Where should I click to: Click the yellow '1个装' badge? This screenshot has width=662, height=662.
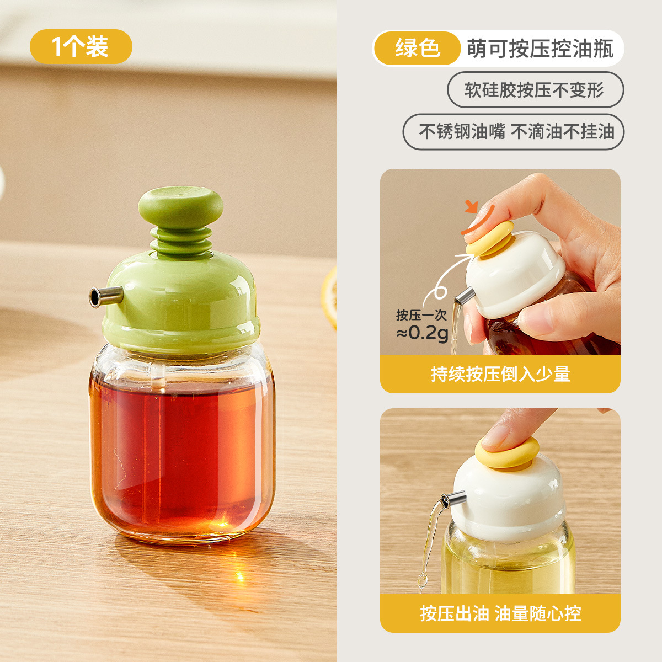(81, 47)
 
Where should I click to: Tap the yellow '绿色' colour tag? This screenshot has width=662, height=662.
(417, 48)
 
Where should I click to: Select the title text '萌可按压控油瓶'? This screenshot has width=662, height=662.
(540, 49)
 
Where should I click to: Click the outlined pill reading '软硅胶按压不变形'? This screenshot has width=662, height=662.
(536, 90)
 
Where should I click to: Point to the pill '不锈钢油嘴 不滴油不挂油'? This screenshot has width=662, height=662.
(513, 132)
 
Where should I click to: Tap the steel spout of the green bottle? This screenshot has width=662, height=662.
(106, 296)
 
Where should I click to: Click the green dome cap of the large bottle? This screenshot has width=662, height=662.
(181, 302)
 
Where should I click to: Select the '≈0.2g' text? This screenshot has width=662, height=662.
(423, 333)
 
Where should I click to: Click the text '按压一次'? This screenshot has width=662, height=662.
(421, 314)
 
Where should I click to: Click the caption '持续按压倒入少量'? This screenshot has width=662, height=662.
(500, 374)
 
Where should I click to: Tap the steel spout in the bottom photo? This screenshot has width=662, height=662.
(453, 499)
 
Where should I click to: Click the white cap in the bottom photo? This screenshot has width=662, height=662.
(508, 505)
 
